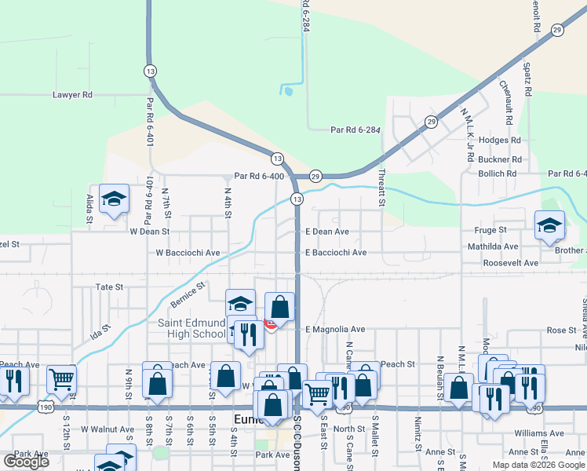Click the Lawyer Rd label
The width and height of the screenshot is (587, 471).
(x=72, y=95)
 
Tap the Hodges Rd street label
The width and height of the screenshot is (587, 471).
(x=500, y=140)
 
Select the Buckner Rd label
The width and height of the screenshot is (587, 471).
(x=500, y=159)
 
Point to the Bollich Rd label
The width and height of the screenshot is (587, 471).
(x=498, y=173)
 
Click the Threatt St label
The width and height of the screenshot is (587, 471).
(x=382, y=188)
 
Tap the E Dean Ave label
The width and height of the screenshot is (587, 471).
(x=326, y=232)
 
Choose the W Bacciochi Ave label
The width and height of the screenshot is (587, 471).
(x=188, y=253)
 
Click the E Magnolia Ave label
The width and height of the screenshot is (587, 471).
(x=335, y=329)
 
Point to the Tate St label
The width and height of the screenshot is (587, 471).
(x=110, y=287)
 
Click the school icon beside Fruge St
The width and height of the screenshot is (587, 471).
(x=549, y=225)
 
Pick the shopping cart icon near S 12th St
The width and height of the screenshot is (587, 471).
(x=61, y=380)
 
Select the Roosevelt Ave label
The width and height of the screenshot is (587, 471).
(x=511, y=263)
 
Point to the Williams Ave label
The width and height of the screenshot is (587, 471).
(x=539, y=433)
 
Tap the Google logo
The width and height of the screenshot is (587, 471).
(x=27, y=462)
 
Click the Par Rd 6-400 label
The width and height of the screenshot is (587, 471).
(x=259, y=176)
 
